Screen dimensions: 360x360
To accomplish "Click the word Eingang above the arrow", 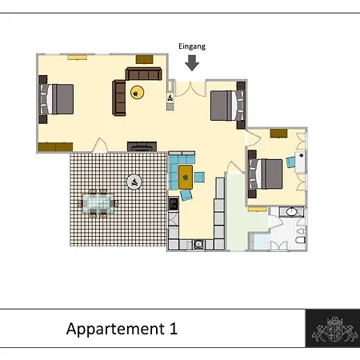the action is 192,46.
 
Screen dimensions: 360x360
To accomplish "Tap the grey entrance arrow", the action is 192,63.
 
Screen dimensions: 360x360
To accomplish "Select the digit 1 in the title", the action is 173,329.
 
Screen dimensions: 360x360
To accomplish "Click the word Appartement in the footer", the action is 115,330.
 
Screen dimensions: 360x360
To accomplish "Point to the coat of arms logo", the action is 334,329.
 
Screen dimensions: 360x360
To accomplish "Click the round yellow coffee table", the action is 137,93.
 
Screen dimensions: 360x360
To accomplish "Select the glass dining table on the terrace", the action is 98,203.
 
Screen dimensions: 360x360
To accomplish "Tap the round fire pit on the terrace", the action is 134,182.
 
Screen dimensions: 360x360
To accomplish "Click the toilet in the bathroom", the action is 301,239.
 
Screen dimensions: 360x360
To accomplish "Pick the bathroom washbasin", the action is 291,212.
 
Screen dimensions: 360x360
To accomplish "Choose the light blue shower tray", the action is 261,242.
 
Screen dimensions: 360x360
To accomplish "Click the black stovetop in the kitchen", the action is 174,204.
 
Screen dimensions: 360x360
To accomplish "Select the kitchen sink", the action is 198,244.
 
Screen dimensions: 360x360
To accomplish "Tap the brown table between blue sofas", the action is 186,178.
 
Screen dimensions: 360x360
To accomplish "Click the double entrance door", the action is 190,89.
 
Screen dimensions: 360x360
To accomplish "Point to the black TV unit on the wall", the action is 142,146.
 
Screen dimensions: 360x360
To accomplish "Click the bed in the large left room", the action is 56,99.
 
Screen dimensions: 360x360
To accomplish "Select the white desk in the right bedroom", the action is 300,162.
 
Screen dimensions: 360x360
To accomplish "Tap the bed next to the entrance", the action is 228,106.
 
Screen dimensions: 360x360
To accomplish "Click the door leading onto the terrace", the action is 100,146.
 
